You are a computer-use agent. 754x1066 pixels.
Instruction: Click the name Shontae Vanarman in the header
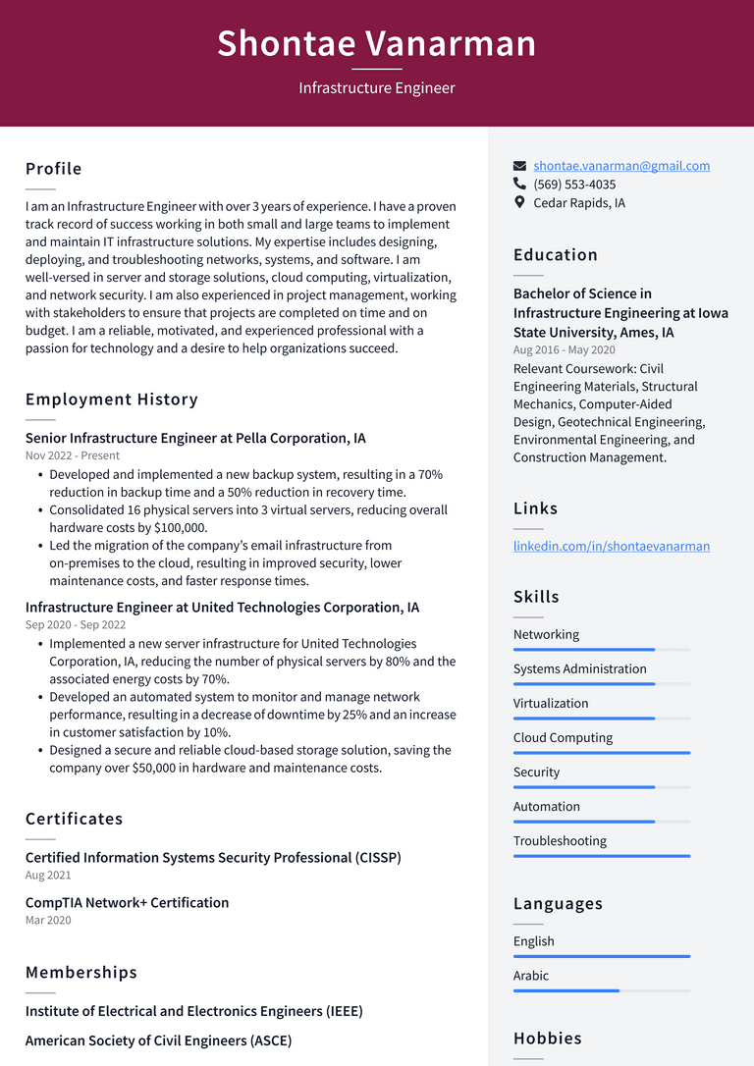click(x=377, y=44)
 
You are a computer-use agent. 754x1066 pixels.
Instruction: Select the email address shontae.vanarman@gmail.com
click(x=621, y=166)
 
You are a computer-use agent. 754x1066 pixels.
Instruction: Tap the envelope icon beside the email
click(x=520, y=166)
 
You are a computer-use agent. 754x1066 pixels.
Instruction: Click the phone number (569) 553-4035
click(x=574, y=185)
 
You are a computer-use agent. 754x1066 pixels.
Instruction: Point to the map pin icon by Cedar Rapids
click(x=520, y=203)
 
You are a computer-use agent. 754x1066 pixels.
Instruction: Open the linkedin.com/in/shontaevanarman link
click(x=611, y=546)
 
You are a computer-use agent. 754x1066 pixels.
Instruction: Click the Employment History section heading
click(x=112, y=400)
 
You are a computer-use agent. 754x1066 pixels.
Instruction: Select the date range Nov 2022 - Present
click(x=73, y=455)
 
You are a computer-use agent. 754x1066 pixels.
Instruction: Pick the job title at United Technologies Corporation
click(x=222, y=608)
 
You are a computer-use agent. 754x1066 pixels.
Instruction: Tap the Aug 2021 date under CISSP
click(x=48, y=875)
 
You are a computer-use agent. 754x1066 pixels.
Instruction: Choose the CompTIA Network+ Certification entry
click(x=127, y=902)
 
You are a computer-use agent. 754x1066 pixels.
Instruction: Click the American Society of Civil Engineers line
click(x=158, y=1040)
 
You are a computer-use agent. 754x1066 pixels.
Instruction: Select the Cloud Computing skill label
click(x=563, y=738)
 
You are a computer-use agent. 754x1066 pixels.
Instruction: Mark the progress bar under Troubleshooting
click(x=601, y=856)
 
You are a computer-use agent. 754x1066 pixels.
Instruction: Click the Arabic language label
click(x=531, y=976)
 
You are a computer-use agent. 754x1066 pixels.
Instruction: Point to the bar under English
click(x=601, y=956)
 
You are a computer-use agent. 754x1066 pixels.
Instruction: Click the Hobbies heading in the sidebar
click(x=547, y=1039)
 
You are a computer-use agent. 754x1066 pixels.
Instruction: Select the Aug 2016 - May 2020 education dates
click(x=565, y=350)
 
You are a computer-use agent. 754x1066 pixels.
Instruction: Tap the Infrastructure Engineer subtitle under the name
click(x=377, y=88)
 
